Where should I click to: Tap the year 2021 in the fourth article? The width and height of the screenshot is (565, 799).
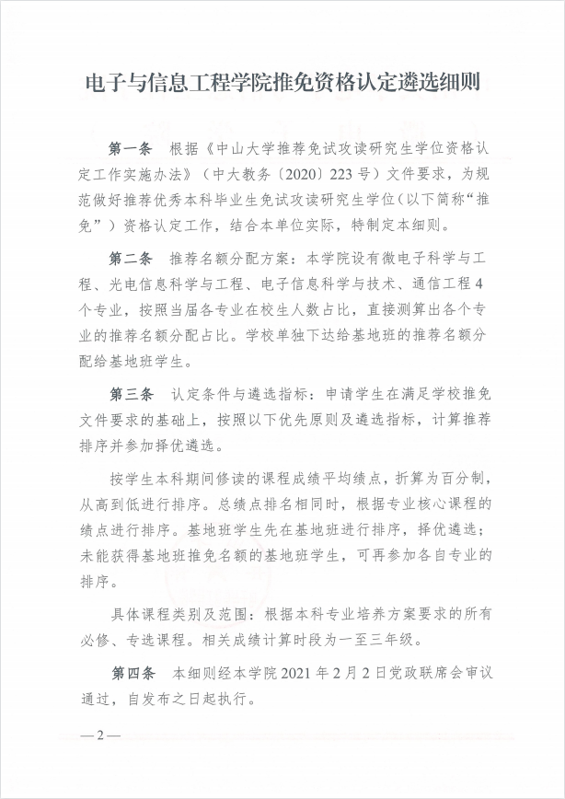[x=317, y=674]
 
